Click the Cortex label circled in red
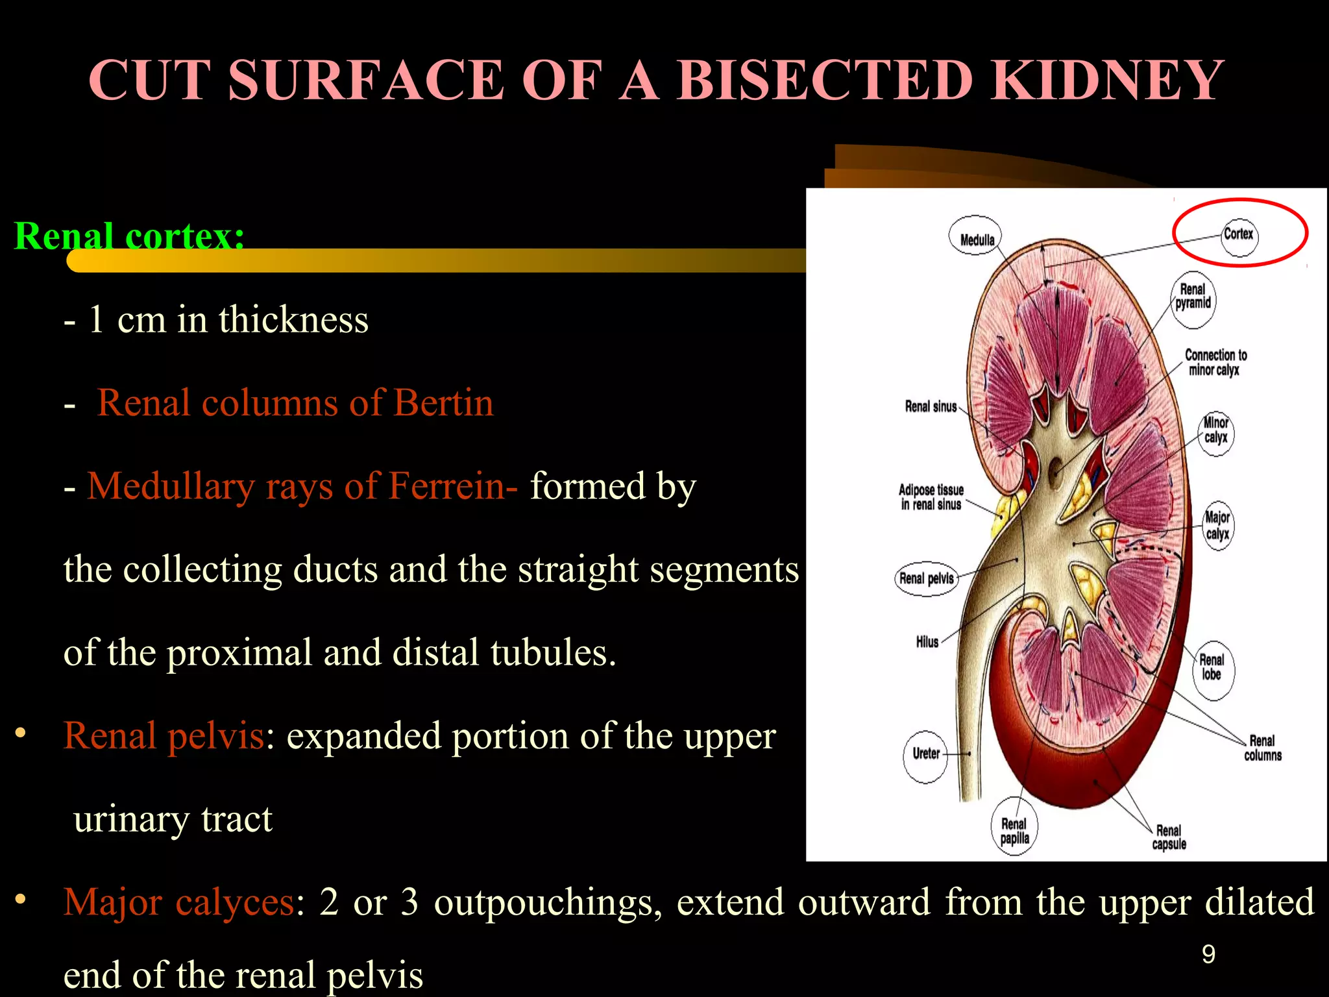tap(1239, 234)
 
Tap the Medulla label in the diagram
tap(977, 240)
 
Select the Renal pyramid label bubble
tap(1193, 297)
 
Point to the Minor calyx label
tap(1216, 430)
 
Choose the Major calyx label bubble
tap(1217, 526)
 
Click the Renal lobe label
tap(1211, 667)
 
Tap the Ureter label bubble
tap(926, 754)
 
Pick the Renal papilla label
tap(1014, 831)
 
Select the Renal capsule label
tap(1169, 837)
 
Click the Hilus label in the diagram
tap(927, 642)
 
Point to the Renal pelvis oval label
tap(926, 578)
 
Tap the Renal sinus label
tap(931, 407)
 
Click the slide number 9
tap(1208, 954)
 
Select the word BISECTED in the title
tap(824, 80)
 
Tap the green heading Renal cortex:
tap(129, 236)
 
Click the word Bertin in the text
tap(443, 403)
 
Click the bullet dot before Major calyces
tap(21, 900)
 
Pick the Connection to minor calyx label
tap(1215, 362)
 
